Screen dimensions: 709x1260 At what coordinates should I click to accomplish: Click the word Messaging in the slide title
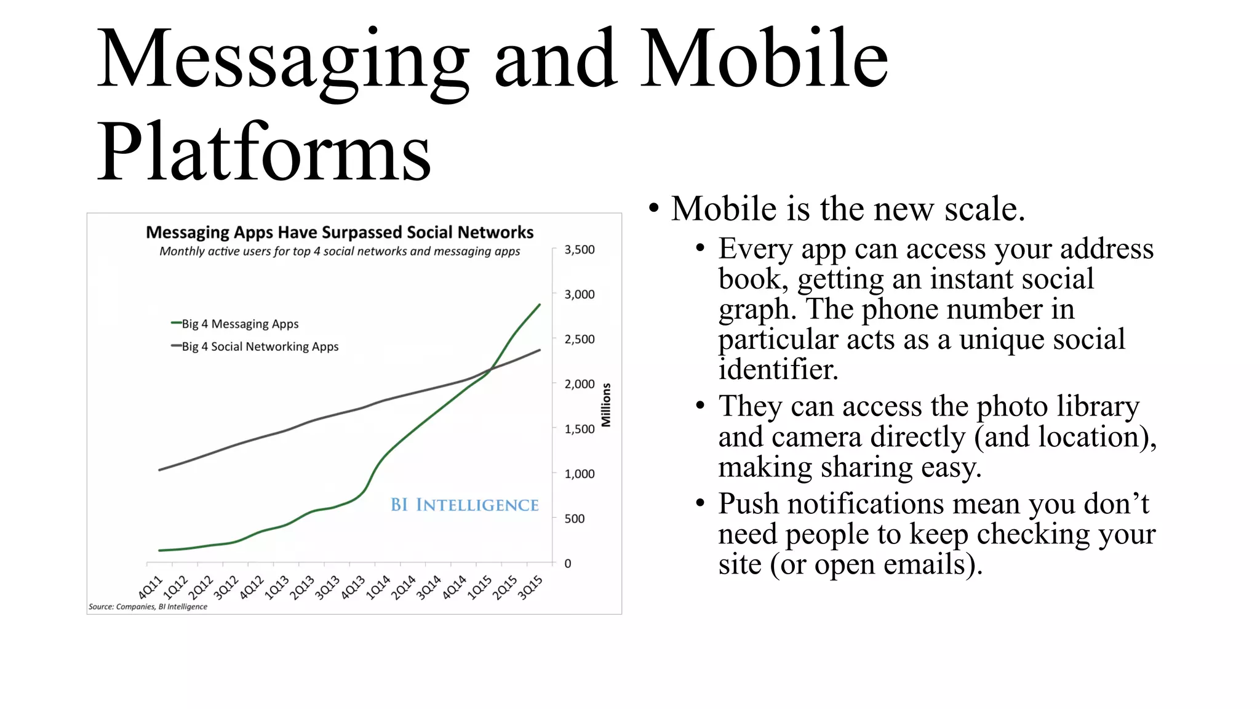click(x=283, y=60)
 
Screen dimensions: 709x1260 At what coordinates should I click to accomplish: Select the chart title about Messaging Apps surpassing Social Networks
click(x=340, y=233)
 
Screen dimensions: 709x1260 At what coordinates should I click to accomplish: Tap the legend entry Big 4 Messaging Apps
click(x=240, y=324)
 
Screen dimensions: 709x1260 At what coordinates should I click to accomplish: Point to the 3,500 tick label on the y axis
click(x=580, y=250)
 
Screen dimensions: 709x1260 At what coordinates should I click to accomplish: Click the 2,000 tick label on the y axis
click(x=580, y=384)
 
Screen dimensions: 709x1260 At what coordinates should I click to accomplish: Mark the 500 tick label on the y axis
click(x=575, y=519)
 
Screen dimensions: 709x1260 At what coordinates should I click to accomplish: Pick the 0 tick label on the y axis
click(x=568, y=564)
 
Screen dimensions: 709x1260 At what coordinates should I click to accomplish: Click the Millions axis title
click(x=606, y=405)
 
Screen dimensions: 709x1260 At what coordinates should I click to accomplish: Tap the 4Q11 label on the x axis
click(x=150, y=588)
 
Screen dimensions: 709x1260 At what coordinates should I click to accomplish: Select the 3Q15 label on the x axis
click(x=530, y=588)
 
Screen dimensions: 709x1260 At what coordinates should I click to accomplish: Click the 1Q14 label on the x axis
click(x=378, y=588)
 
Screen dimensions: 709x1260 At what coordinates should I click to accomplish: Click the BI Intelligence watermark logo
click(x=465, y=505)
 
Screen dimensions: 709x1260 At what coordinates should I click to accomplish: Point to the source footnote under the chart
click(x=148, y=607)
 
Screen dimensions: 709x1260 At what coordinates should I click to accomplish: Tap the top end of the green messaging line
click(x=540, y=305)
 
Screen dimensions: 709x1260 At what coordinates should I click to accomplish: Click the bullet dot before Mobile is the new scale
click(x=654, y=209)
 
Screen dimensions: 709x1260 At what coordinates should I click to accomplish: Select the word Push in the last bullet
click(x=748, y=503)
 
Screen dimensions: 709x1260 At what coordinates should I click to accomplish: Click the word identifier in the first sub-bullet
click(x=778, y=369)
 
